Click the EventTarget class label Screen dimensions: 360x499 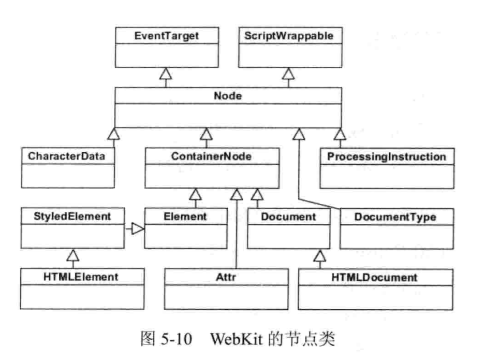point(166,36)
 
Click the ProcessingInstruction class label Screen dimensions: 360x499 point(386,157)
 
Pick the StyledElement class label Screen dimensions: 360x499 point(72,217)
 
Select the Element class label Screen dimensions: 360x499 point(185,217)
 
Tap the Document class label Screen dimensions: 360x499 point(288,217)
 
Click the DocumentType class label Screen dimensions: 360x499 point(395,217)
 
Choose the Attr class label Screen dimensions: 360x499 point(226,277)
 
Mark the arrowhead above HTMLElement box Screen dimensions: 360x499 point(73,255)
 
